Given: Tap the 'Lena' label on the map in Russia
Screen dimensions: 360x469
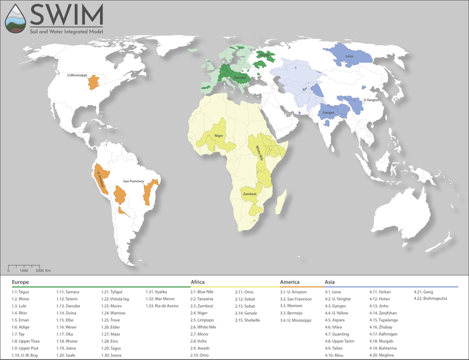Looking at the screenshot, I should click(x=349, y=56).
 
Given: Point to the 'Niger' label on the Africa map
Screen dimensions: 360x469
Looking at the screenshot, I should click(x=219, y=135).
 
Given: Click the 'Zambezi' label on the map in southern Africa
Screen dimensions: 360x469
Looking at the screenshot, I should click(x=250, y=193).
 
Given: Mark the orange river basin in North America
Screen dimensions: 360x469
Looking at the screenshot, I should click(x=93, y=82).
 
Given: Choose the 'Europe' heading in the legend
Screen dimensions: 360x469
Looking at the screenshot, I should click(x=20, y=283).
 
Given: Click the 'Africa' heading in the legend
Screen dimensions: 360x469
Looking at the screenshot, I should click(x=197, y=283).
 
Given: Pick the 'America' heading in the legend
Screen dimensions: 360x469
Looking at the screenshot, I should click(x=290, y=283).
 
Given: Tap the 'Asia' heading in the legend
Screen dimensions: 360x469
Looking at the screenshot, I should click(x=330, y=283).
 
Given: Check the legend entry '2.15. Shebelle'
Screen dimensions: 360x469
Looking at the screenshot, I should click(x=247, y=320).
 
